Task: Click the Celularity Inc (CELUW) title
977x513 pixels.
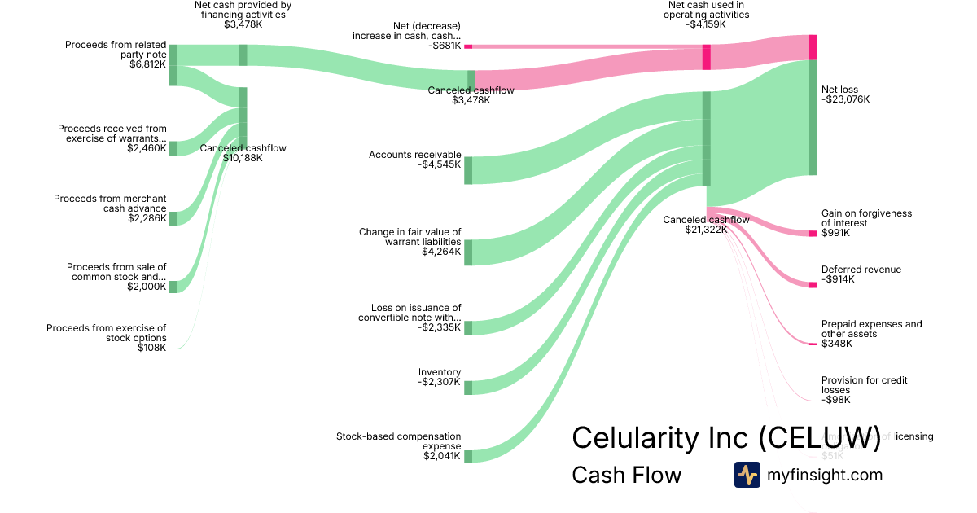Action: coord(726,437)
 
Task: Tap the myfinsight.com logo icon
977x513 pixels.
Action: coord(747,475)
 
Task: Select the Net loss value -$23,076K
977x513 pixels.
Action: coord(845,100)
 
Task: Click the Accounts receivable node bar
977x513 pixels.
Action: coord(468,170)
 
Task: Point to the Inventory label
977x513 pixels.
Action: coord(440,372)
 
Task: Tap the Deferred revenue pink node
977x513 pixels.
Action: coord(813,285)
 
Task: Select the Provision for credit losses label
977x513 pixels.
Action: coord(864,385)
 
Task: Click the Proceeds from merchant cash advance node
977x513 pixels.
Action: coord(173,218)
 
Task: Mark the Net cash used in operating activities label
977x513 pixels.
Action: coord(706,10)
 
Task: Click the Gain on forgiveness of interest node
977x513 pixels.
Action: coord(813,234)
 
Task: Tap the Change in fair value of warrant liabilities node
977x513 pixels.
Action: coord(468,252)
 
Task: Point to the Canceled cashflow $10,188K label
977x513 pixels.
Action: coord(243,153)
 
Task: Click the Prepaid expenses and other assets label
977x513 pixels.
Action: coord(871,329)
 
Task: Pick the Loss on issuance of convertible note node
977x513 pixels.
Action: coord(468,327)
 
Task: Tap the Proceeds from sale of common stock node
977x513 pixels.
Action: coord(173,287)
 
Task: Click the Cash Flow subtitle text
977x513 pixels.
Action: coord(626,476)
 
